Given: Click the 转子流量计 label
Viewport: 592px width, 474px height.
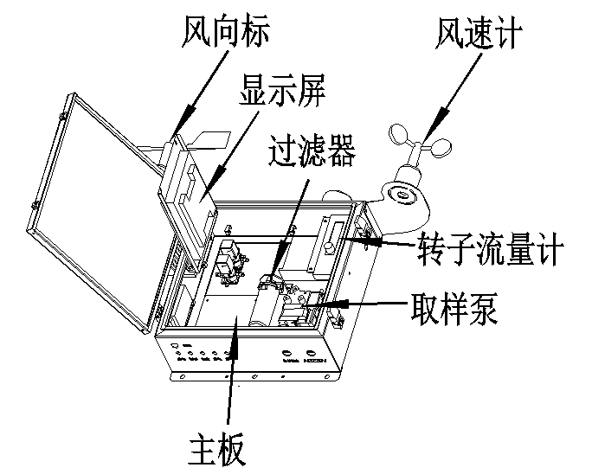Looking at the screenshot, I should [x=490, y=252].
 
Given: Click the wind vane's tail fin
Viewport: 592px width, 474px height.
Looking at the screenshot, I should [x=211, y=139].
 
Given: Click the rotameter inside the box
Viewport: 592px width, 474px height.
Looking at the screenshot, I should [x=333, y=234].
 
